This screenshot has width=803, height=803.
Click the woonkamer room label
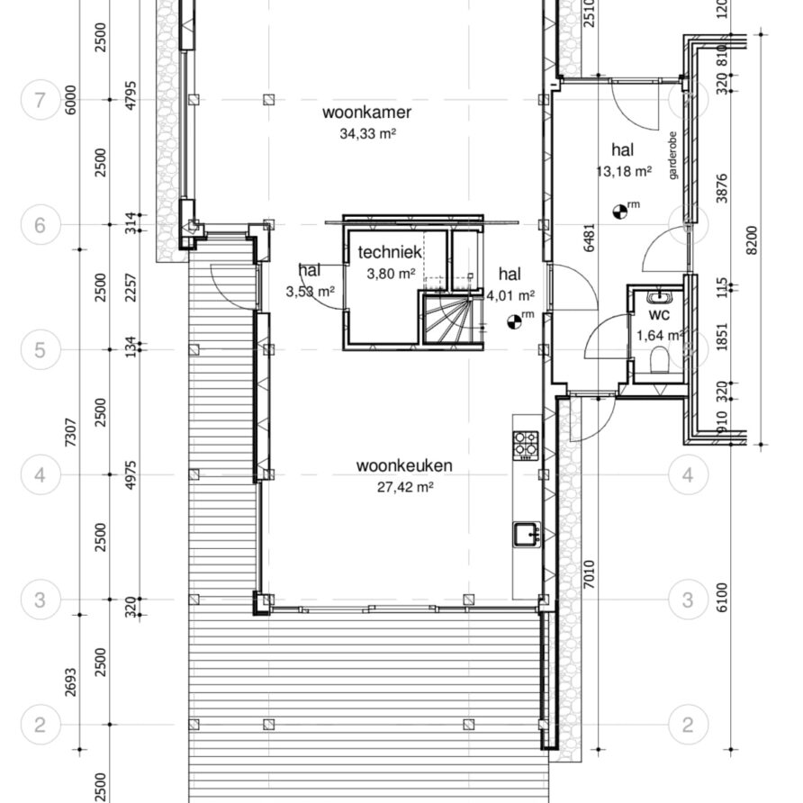366,113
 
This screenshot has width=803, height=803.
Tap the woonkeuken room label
404,465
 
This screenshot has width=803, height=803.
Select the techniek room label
390,252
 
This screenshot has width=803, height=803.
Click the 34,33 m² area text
367,133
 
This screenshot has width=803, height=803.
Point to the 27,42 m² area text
405,486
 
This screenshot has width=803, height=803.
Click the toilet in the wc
659,360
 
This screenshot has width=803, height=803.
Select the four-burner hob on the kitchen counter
526,445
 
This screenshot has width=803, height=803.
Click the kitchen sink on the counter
527,535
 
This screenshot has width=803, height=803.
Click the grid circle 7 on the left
41,100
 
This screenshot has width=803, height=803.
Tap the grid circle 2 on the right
688,725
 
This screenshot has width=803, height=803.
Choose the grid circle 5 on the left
41,350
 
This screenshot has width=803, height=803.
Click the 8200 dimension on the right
752,240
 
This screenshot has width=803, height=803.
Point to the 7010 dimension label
589,574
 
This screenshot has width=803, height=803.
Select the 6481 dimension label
589,238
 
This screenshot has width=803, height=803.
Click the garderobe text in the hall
672,156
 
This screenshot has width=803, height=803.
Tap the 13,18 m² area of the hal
624,171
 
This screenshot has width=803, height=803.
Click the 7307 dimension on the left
71,433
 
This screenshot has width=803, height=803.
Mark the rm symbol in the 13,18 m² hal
620,211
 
